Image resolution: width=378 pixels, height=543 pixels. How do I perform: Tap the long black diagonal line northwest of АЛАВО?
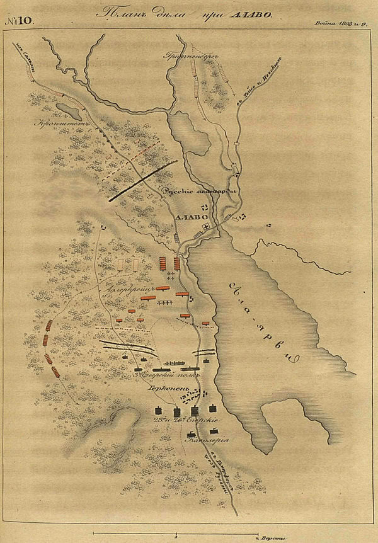(x=142, y=181)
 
